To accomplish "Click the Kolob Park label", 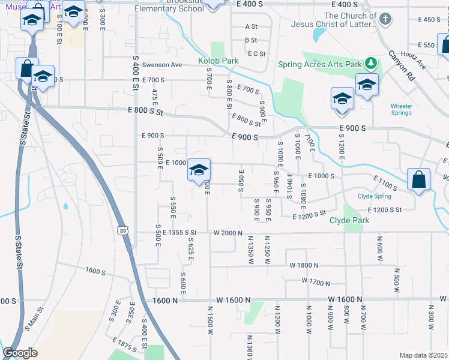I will tap(218, 61).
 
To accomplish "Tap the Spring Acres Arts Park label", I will tap(320, 64).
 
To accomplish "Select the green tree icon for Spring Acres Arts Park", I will tap(372, 63).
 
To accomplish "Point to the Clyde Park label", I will tap(349, 220).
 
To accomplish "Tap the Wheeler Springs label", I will tap(402, 109).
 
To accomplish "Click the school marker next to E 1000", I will tap(199, 170).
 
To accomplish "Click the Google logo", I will tap(20, 353).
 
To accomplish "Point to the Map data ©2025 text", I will tap(423, 355).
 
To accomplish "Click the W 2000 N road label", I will tap(228, 233).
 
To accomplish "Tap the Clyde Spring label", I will tap(374, 196).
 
